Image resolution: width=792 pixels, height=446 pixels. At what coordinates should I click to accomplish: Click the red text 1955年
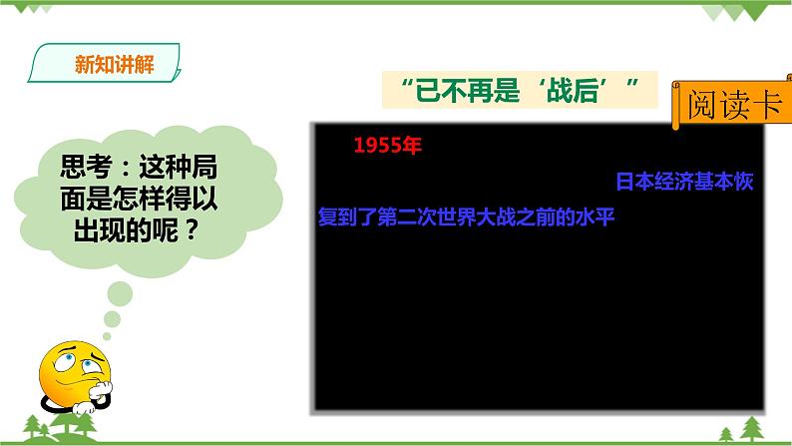coord(388,145)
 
